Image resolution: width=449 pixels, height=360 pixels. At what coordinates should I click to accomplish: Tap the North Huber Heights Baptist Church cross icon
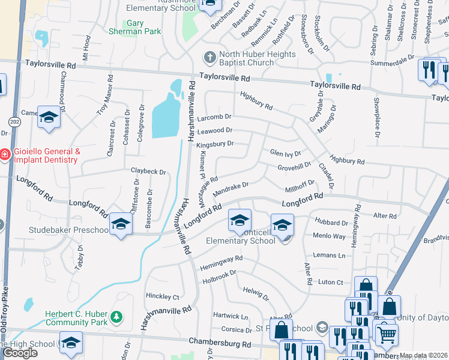pyautogui.click(x=209, y=58)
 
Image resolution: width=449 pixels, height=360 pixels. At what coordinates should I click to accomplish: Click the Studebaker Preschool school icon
pyautogui.click(x=121, y=225)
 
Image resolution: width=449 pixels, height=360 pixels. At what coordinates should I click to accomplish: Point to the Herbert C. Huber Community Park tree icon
pyautogui.click(x=119, y=316)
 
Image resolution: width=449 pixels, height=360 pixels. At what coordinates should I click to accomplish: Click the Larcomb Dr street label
pyautogui.click(x=215, y=118)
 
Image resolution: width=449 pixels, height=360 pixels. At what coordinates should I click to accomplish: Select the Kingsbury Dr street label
pyautogui.click(x=215, y=144)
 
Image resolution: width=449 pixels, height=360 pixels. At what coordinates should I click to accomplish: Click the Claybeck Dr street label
pyautogui.click(x=148, y=172)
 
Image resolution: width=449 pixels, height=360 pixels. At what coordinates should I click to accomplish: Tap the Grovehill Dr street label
pyautogui.click(x=294, y=166)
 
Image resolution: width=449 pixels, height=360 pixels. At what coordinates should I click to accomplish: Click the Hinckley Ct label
pyautogui.click(x=163, y=296)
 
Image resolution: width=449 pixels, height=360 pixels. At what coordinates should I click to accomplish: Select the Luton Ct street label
pyautogui.click(x=330, y=282)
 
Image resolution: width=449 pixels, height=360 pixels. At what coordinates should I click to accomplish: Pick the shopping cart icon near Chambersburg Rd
pyautogui.click(x=386, y=334)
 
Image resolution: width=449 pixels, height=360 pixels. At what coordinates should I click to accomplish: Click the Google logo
pyautogui.click(x=20, y=353)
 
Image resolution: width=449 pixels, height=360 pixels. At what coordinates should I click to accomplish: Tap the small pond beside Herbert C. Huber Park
pyautogui.click(x=28, y=305)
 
